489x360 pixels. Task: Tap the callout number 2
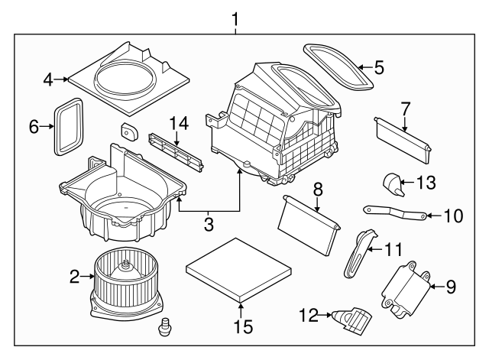74,277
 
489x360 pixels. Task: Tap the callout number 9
450,287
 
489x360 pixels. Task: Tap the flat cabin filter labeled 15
239,269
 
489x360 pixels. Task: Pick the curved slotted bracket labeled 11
358,255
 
